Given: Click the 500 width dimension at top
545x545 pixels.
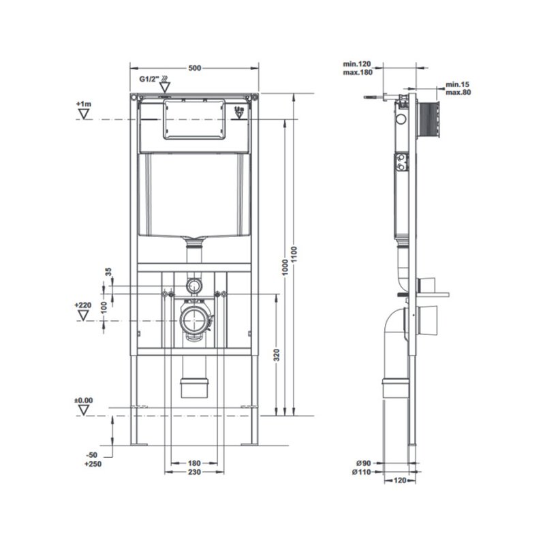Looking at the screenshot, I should click(x=194, y=67).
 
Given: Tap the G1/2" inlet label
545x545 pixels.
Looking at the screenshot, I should click(x=149, y=80).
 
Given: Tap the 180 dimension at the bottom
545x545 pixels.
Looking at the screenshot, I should click(x=193, y=463).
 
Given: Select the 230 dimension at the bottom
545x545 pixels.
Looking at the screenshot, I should click(x=193, y=472).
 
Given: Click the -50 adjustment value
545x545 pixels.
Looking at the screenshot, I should click(x=92, y=454).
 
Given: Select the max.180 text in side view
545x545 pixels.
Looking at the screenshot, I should click(x=358, y=72).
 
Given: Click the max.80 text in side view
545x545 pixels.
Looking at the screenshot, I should click(x=458, y=91).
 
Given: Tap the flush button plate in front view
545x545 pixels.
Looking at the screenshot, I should click(x=193, y=118).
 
